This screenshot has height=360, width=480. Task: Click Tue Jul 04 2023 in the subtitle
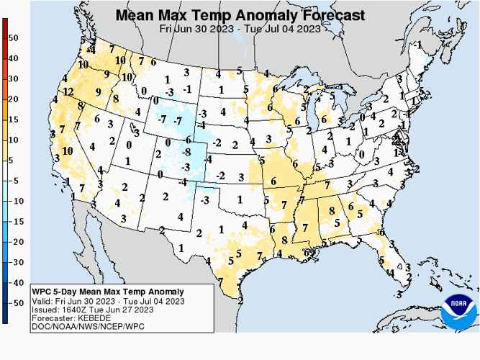point(284,29)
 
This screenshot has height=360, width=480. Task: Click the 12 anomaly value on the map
point(68,92)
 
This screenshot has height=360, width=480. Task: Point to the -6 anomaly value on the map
point(187,140)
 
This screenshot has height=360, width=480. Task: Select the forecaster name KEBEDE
point(88,318)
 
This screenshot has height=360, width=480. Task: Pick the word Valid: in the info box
point(43,301)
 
